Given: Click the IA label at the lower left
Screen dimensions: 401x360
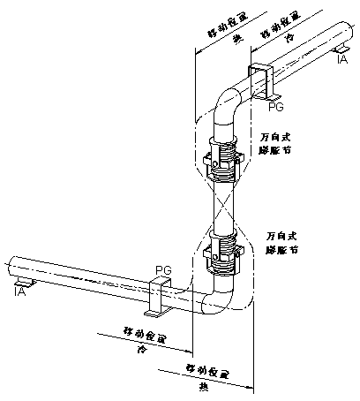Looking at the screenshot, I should [20, 290].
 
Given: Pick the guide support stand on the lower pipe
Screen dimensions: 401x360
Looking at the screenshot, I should [159, 297].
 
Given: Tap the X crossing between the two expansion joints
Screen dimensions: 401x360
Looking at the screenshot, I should [224, 204].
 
